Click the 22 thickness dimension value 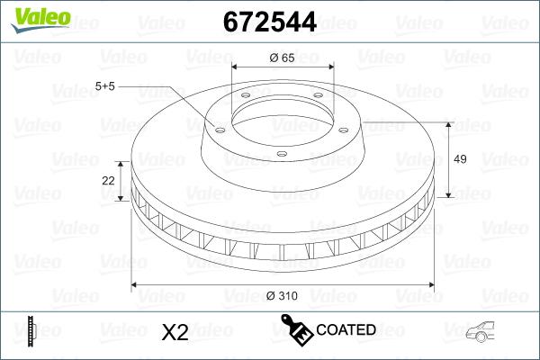click(109, 181)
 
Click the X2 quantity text click(173, 331)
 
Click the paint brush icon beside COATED click(297, 329)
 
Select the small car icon click(484, 331)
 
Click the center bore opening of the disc click(282, 115)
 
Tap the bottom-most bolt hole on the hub click(281, 154)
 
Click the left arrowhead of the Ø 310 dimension click(136, 284)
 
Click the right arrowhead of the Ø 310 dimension click(430, 284)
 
